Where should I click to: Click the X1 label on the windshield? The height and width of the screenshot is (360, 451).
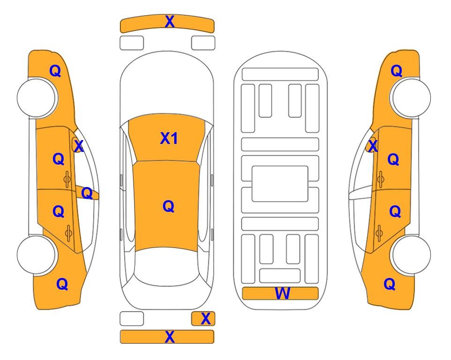(169, 138)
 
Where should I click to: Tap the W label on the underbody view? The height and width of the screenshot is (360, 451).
(282, 293)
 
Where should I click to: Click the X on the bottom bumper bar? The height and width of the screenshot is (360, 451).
(170, 337)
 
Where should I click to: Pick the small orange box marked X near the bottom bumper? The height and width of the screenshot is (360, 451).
(203, 319)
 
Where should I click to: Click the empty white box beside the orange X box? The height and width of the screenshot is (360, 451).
(132, 319)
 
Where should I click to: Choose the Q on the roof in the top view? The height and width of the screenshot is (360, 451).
(169, 206)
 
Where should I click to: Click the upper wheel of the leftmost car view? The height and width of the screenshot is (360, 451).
(36, 97)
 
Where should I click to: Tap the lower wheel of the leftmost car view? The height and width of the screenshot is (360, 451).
(36, 255)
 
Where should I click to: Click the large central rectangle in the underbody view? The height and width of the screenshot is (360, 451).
(280, 184)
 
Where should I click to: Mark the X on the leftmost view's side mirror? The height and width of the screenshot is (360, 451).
(79, 146)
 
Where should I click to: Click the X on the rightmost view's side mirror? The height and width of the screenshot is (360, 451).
(373, 146)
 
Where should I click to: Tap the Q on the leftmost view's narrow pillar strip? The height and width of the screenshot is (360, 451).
(87, 193)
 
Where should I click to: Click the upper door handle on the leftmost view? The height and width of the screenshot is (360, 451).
(67, 179)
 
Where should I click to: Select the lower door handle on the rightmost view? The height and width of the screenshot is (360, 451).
(379, 233)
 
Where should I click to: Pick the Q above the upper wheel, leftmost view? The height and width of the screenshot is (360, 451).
(55, 71)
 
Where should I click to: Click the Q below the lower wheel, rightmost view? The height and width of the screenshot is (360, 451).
(390, 284)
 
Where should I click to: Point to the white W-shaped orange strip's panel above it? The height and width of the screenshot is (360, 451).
(280, 276)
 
